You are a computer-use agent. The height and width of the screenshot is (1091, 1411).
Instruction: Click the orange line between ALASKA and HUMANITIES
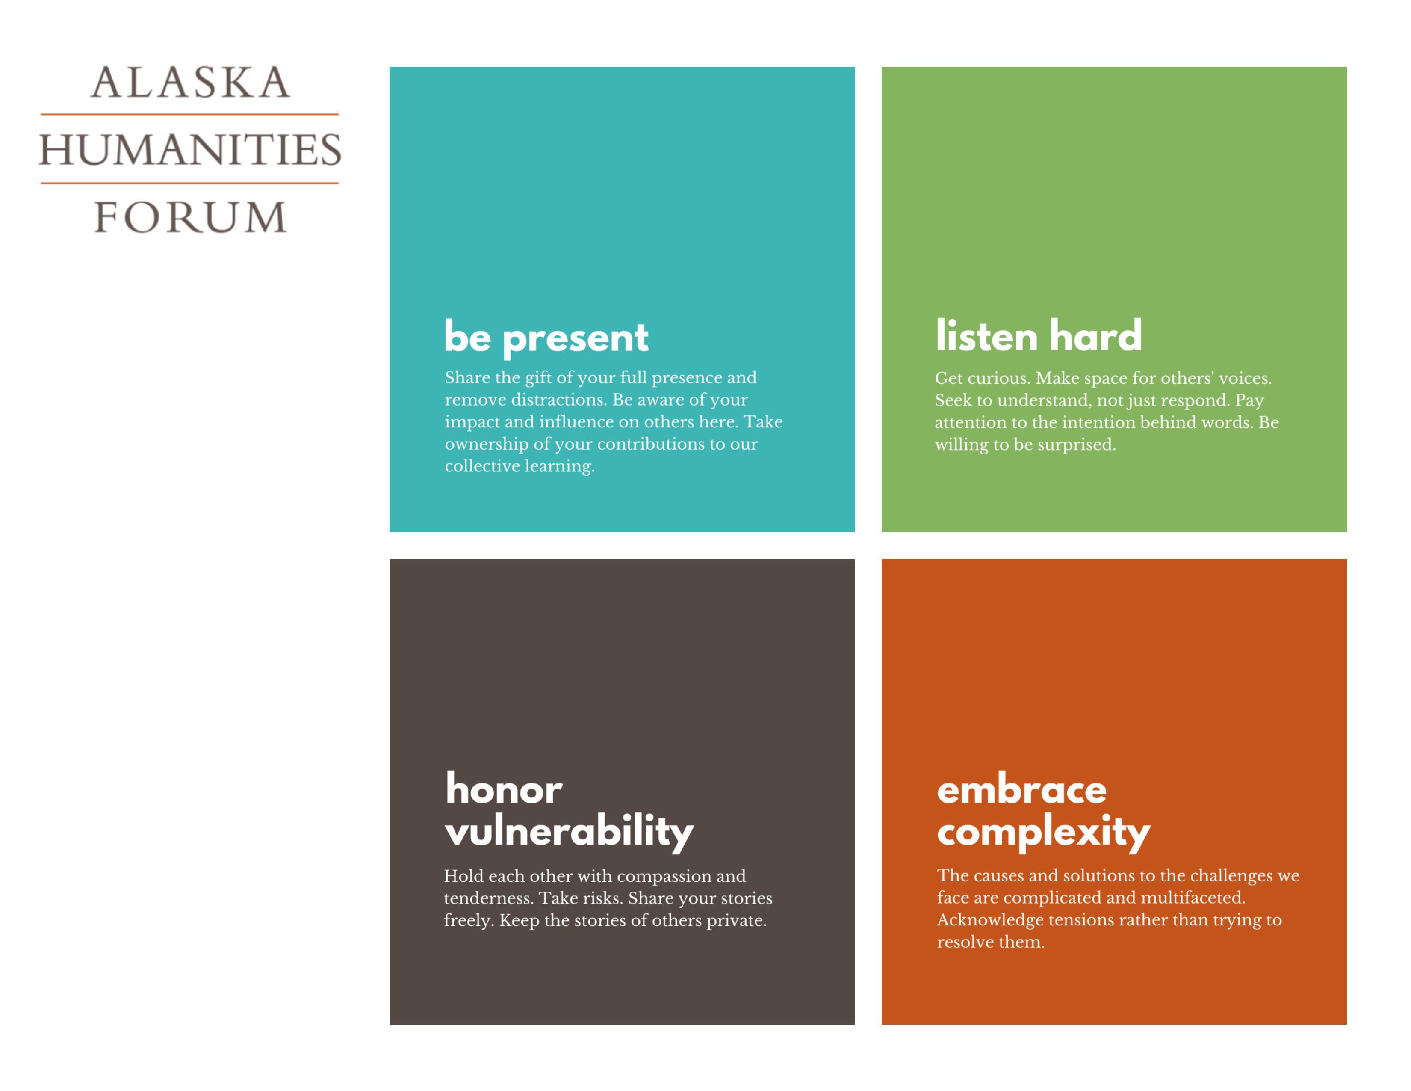pyautogui.click(x=190, y=114)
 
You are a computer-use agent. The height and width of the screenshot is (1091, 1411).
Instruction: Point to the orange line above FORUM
pyautogui.click(x=190, y=183)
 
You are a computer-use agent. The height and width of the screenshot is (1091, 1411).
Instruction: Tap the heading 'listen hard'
pyautogui.click(x=1038, y=336)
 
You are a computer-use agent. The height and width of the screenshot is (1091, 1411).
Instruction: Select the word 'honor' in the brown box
pyautogui.click(x=504, y=789)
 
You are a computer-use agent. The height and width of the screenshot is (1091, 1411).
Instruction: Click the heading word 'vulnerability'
pyautogui.click(x=569, y=831)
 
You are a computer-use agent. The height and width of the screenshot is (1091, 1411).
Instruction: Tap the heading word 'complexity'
pyautogui.click(x=1043, y=832)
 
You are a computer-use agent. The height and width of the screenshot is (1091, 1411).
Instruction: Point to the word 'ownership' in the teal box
pyautogui.click(x=486, y=444)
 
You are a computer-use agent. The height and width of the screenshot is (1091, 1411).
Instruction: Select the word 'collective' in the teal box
pyautogui.click(x=482, y=466)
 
